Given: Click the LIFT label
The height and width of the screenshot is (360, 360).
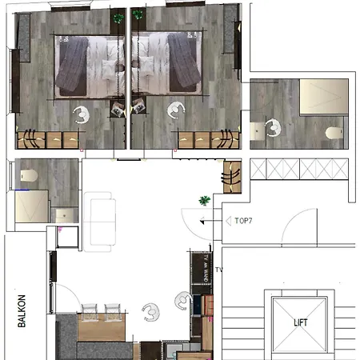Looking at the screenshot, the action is pyautogui.click(x=301, y=322).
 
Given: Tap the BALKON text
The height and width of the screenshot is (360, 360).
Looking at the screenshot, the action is pyautogui.click(x=22, y=311).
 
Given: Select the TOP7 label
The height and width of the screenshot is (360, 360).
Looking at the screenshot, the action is pyautogui.click(x=243, y=221).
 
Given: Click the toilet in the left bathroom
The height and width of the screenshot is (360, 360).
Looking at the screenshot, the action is pyautogui.click(x=29, y=175).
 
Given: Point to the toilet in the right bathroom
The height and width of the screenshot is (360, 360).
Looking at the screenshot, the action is pyautogui.click(x=334, y=133).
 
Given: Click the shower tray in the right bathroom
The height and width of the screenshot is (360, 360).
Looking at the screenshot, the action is pyautogui.click(x=324, y=97).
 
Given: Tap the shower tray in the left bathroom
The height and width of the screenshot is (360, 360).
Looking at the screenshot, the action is pyautogui.click(x=32, y=206).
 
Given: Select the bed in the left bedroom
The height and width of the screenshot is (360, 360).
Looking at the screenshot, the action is pyautogui.click(x=90, y=66).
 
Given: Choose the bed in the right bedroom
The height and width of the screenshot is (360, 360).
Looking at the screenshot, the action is pyautogui.click(x=166, y=63).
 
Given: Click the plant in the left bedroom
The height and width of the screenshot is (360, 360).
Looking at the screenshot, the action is pyautogui.click(x=118, y=18).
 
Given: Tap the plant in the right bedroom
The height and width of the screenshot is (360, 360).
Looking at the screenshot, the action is pyautogui.click(x=138, y=14).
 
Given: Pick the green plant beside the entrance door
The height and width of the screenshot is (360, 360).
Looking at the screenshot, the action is pyautogui.click(x=205, y=201).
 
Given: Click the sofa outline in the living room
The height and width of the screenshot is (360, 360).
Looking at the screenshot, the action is pyautogui.click(x=100, y=222).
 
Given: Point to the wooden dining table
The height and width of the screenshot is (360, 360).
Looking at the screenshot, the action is pyautogui.click(x=102, y=327).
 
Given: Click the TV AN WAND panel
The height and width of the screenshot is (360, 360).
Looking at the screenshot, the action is pyautogui.click(x=202, y=269).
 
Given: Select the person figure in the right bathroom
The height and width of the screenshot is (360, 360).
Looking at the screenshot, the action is pyautogui.click(x=273, y=128).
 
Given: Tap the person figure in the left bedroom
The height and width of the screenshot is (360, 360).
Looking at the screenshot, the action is pyautogui.click(x=82, y=115).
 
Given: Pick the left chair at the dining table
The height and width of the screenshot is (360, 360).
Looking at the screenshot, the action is pyautogui.click(x=90, y=311).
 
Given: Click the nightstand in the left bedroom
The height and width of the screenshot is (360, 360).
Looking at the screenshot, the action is pyautogui.click(x=118, y=109).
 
